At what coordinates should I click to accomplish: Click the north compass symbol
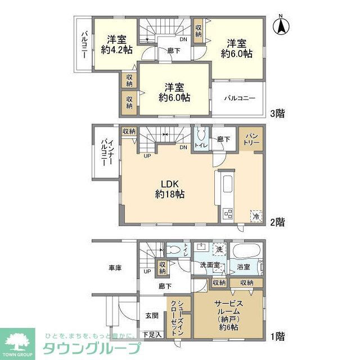click(281, 26)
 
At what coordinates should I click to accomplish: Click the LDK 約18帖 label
click(167, 189)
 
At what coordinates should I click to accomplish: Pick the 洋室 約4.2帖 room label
click(117, 44)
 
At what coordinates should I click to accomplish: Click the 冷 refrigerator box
click(256, 215)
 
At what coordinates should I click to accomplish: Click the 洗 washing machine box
click(218, 249)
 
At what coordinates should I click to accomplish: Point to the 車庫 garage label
click(115, 268)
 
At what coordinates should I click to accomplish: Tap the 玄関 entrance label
click(152, 316)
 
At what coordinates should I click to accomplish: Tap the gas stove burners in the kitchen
click(228, 213)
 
